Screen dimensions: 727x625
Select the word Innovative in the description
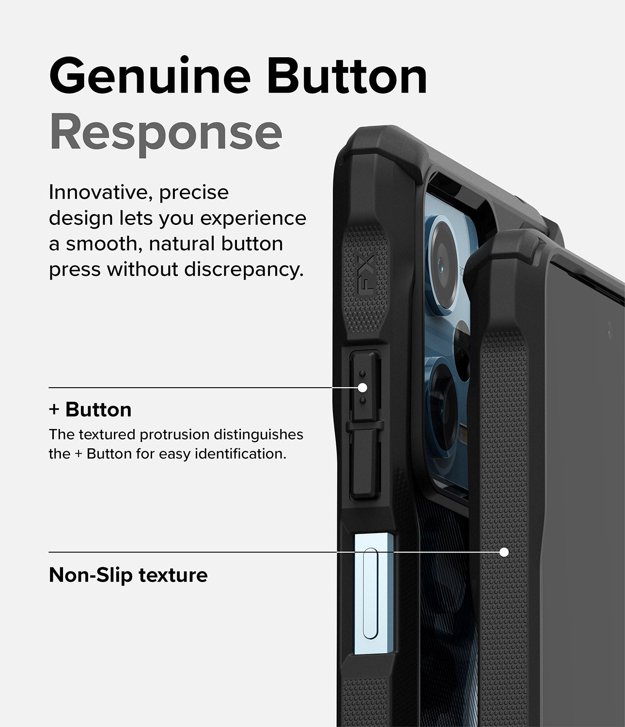click(x=96, y=192)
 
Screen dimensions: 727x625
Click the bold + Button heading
click(x=90, y=410)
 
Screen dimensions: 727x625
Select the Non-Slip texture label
click(x=128, y=575)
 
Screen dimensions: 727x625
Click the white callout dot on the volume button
click(x=362, y=388)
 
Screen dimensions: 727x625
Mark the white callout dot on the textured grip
click(x=504, y=552)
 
